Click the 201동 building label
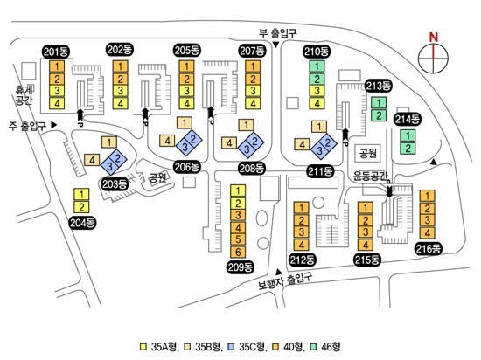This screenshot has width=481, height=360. pos(56,52)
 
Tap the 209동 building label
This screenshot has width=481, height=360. pos(240,267)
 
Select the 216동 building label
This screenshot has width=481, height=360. pos(429,248)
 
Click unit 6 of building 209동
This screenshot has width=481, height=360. pos(238,252)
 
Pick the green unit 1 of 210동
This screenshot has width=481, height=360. pos(317,66)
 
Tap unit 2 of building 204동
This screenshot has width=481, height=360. pos(81,207)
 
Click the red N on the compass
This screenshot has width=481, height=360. pos(434,38)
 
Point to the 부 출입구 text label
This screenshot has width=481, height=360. pos(278,32)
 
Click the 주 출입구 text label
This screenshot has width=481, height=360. pos(28,126)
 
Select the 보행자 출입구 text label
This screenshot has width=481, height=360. pos(285,280)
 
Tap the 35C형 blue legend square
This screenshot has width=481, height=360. pos(231,347)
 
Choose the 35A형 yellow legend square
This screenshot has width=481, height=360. pos(143,347)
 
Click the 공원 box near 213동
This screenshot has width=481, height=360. pos(368,153)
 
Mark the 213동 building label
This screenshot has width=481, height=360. pos(379,86)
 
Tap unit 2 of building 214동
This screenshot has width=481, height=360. pos(408,149)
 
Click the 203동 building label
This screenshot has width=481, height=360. pos(114,184)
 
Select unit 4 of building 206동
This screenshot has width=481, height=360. pos(167,141)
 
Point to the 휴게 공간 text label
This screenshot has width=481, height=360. pos(24,94)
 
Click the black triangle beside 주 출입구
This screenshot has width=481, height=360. pos(54,125)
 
